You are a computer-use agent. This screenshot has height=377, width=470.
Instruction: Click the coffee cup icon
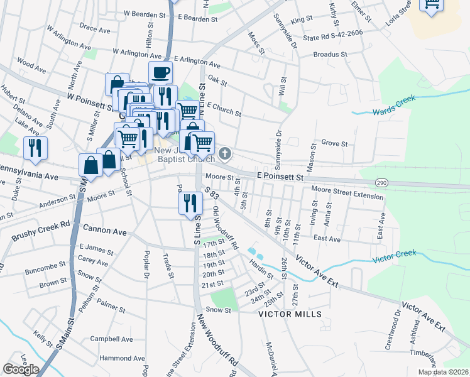(x=160, y=72)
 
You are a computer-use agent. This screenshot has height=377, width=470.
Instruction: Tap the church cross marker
(x=225, y=153)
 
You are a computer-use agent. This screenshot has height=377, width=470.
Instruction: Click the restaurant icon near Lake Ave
(x=35, y=148)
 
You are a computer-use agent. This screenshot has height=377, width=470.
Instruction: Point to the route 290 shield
(x=381, y=182)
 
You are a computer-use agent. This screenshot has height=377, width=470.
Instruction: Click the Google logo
(x=21, y=369)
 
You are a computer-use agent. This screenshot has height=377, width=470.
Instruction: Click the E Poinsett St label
(x=280, y=178)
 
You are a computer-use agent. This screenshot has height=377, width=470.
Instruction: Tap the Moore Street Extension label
(x=347, y=192)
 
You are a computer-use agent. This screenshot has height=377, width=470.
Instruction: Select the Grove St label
(x=334, y=144)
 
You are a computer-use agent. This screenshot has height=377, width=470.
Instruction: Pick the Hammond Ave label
(x=109, y=358)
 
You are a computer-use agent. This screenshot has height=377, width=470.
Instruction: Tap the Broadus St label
(x=331, y=55)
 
